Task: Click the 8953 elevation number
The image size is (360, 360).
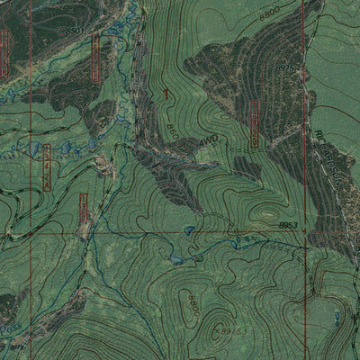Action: (288, 225)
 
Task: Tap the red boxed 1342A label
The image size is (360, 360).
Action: (45, 166)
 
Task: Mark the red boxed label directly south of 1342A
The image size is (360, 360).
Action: (84, 208)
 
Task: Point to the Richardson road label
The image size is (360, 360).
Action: (328, 162)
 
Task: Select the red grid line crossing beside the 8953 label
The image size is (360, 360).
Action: (303, 232)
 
